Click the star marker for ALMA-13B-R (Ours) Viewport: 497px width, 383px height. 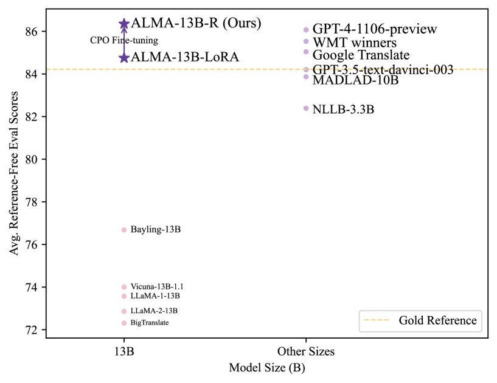coord(124,24)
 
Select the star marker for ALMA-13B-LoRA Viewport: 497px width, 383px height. coord(124,58)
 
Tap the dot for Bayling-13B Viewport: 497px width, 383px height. coord(124,230)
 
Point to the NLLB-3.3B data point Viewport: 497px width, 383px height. coord(306,108)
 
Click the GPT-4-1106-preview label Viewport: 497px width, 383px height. coord(375,29)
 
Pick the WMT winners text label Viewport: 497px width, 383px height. coord(355,43)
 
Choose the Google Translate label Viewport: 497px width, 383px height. coord(361,55)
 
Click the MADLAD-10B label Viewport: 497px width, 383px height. coord(355,80)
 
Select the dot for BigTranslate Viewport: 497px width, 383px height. coord(124,323)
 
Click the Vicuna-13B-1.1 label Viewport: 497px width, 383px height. coord(157,286)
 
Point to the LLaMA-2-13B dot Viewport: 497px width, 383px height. coord(124,311)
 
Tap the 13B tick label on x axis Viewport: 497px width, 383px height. coord(124,351)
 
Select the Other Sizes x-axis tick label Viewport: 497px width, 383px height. coord(306,351)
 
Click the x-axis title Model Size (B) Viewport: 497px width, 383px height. coord(266,368)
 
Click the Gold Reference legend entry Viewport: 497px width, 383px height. coord(437,320)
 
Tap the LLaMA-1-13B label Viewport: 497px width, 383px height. coord(155,296)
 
